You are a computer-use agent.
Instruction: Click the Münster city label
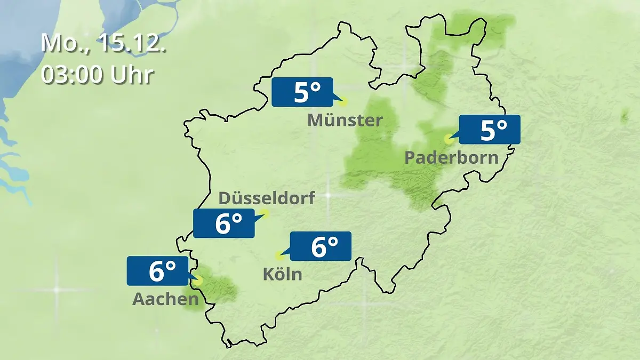tap(345, 121)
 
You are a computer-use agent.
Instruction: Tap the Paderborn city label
tap(451, 158)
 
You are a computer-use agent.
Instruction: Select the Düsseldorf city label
tap(267, 198)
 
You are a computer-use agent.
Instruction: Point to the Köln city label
tap(282, 275)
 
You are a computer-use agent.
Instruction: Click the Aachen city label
tap(165, 300)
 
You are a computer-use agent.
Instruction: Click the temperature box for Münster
tap(302, 92)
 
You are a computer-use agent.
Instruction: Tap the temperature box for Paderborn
tap(489, 130)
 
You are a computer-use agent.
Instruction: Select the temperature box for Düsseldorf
tap(224, 223)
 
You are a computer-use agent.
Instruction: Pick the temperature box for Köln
tap(320, 246)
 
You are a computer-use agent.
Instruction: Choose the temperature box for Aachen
tap(157, 271)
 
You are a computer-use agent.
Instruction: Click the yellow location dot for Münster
tap(343, 101)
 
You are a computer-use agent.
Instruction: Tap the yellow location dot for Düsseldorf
tap(265, 214)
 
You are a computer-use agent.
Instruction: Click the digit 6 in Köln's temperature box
tap(318, 247)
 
